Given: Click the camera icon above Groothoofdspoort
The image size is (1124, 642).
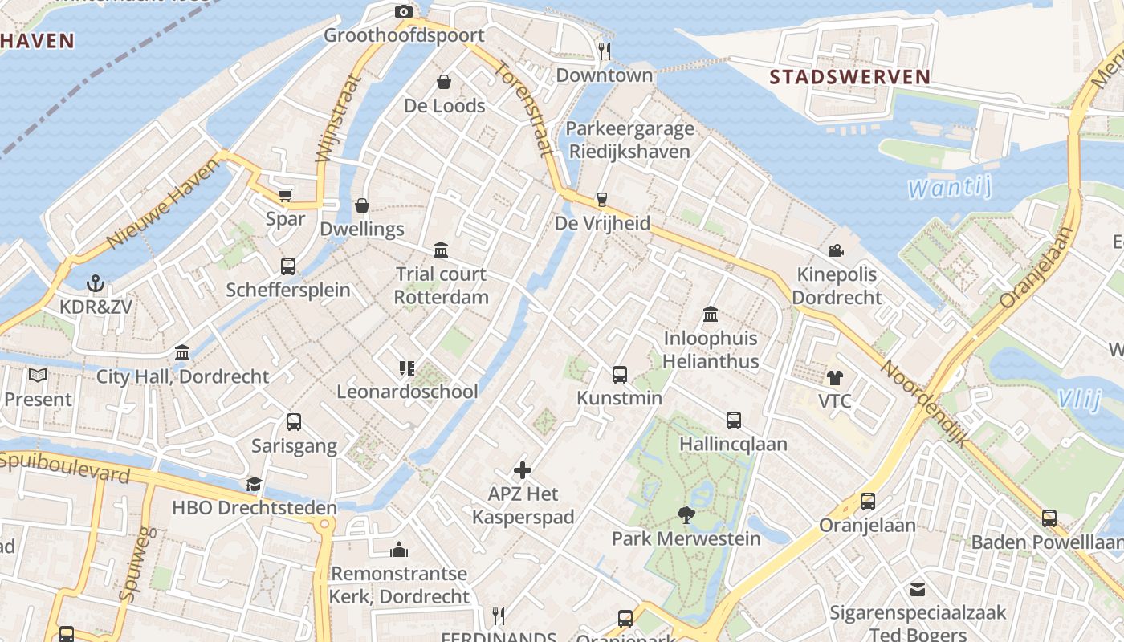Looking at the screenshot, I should point(404,11).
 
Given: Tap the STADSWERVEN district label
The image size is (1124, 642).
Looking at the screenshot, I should point(849,78).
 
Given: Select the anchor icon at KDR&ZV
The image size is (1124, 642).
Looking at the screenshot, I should point(96,283).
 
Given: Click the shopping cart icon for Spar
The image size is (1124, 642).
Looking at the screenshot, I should point(285,195).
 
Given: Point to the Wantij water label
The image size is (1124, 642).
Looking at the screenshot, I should point(951,189).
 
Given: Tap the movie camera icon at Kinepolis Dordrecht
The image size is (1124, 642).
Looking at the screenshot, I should point(836,250).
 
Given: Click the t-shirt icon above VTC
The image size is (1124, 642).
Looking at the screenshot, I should point(835,377).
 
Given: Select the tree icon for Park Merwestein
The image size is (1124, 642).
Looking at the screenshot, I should point(686,514).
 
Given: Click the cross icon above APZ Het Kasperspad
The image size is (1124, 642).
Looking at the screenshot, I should point(523,470).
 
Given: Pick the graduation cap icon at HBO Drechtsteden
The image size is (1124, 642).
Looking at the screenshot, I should point(255,484).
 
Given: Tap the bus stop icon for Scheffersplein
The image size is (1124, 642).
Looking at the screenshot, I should point(288,266).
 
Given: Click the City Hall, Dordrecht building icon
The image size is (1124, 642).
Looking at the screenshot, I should point(182,352).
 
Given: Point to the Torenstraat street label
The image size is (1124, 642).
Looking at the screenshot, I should point(522,108).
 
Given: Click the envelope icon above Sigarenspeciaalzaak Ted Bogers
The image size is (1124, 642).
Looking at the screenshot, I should point(918,590).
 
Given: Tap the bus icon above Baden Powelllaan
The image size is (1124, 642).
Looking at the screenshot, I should point(1049,518).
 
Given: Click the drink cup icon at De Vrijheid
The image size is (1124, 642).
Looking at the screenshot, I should point(602,200).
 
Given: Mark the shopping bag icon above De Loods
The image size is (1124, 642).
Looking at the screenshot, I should point(444,82).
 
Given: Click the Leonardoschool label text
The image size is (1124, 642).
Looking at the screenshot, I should point(407,392).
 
